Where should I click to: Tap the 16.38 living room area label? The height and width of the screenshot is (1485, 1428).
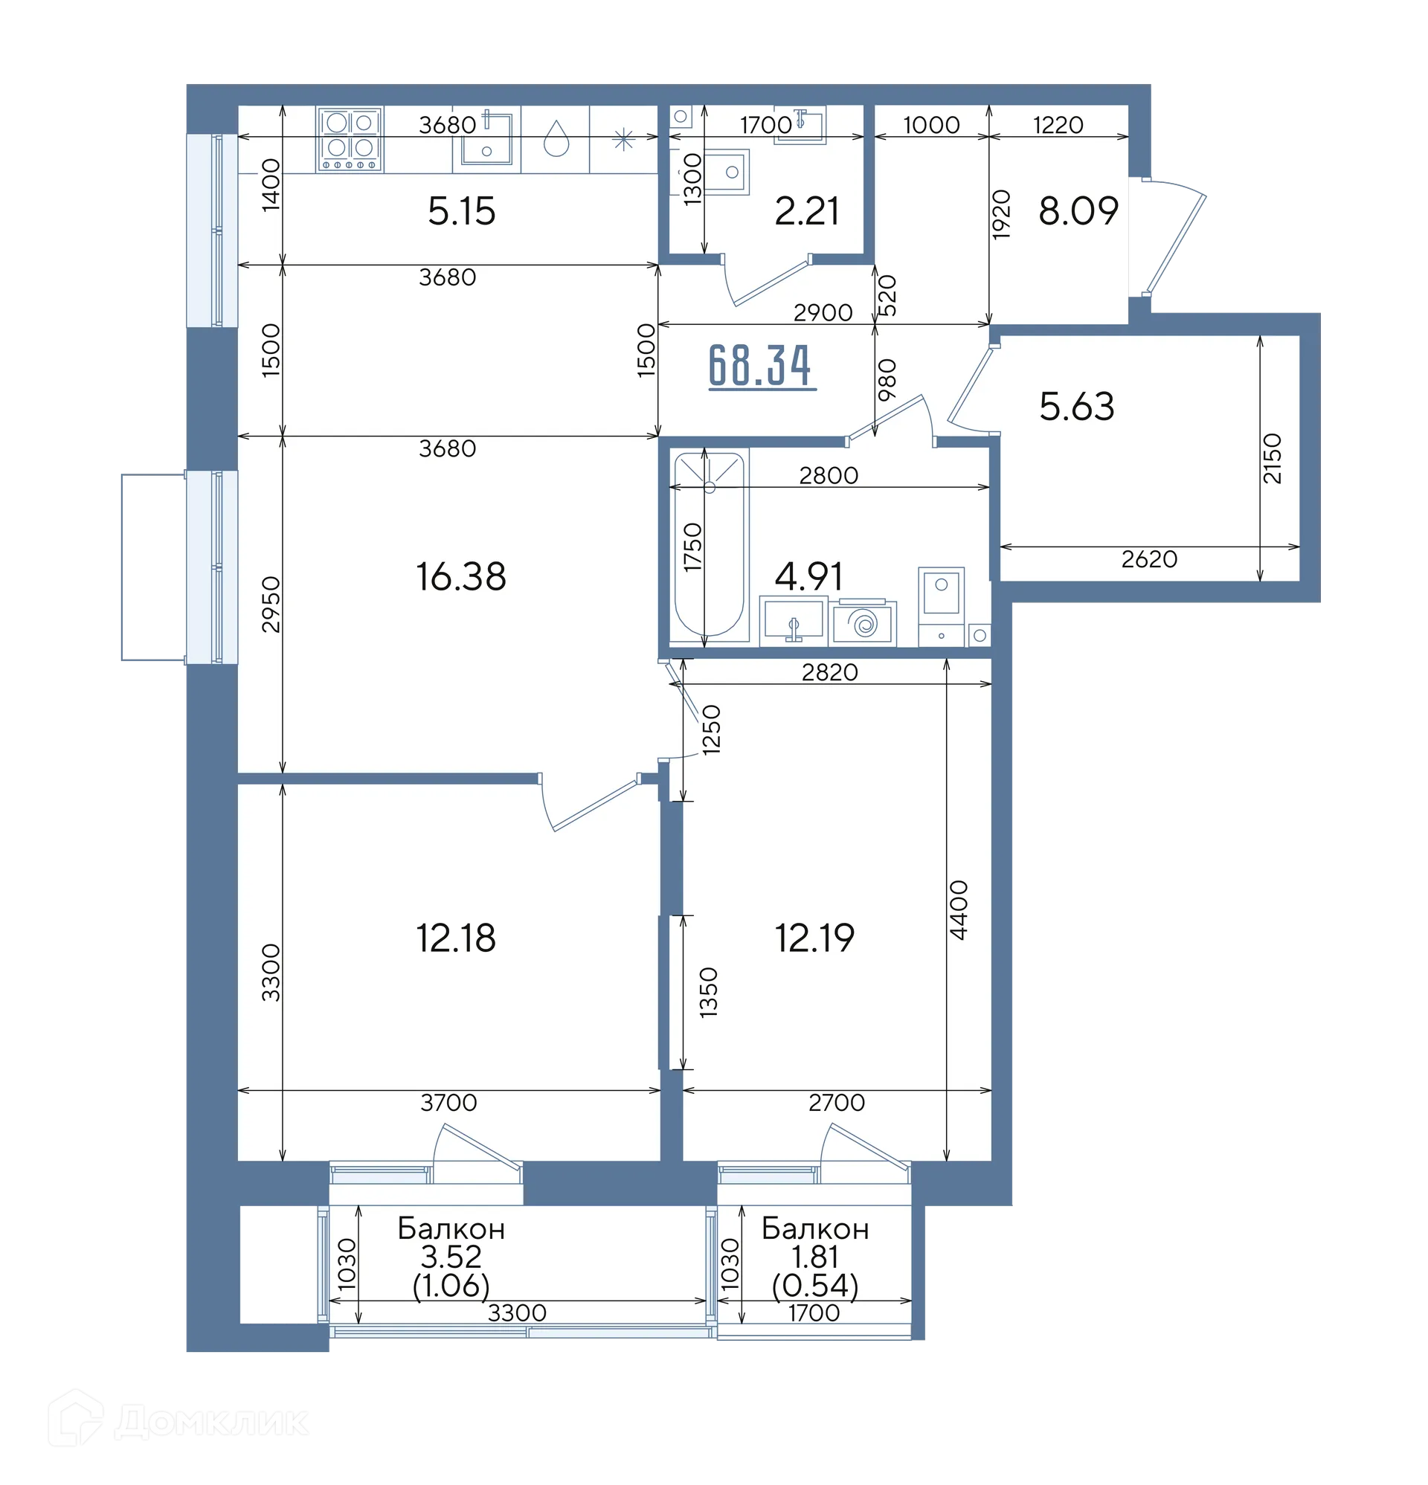point(461,576)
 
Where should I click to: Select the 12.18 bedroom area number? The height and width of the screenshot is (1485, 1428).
point(455,938)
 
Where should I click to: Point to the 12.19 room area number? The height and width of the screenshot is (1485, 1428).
point(814,938)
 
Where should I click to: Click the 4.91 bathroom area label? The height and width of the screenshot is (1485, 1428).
point(808,576)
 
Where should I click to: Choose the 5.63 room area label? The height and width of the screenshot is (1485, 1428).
point(1076,407)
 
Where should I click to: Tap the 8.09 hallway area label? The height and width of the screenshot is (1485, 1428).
point(1078,210)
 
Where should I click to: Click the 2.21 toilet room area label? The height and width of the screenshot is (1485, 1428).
point(806,211)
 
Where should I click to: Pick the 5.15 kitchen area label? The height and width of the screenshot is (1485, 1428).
point(461,210)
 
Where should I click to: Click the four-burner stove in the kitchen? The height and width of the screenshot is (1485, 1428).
point(350,138)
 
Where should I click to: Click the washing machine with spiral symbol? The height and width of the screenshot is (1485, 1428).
point(863,623)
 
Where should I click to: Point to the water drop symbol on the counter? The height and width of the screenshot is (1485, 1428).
point(556,138)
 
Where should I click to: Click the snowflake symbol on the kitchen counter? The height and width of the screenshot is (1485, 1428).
point(623,139)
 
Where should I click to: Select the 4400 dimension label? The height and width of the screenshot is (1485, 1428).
point(958,910)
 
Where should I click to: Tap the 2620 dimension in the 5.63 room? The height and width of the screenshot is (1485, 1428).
point(1149,559)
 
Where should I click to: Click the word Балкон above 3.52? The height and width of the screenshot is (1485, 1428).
point(451,1228)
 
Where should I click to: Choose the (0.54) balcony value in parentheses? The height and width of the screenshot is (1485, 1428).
point(815,1285)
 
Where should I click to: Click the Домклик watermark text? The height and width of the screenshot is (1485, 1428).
point(210,1423)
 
